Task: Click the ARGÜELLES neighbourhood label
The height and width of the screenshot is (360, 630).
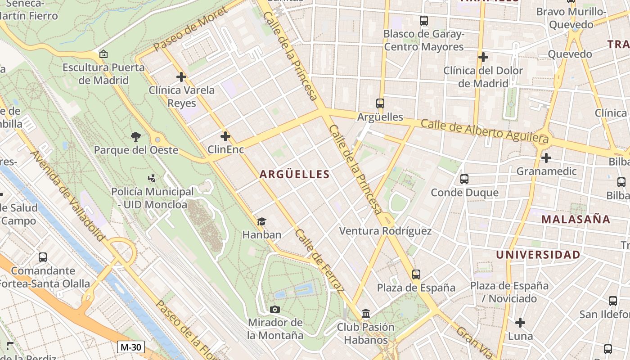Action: (x=294, y=175)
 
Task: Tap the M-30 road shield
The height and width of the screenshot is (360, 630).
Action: (x=131, y=347)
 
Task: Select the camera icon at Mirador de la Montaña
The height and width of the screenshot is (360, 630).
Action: (x=274, y=309)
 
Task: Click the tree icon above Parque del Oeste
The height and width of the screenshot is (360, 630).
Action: (x=135, y=136)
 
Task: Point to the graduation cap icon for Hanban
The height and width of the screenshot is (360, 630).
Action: (x=261, y=221)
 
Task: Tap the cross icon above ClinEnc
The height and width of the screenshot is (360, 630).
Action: (x=225, y=136)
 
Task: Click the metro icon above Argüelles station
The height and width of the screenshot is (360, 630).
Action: (x=380, y=103)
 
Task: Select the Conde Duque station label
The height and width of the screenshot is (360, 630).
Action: (x=464, y=193)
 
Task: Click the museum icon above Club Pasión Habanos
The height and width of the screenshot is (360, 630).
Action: (x=366, y=313)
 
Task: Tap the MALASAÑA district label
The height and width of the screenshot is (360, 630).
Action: (x=576, y=220)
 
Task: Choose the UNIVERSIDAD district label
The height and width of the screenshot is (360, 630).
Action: (x=538, y=255)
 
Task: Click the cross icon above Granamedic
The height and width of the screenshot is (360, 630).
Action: (x=546, y=158)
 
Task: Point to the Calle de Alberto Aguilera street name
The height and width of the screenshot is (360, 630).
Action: (x=485, y=132)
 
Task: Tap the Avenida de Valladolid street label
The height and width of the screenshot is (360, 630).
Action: (x=68, y=196)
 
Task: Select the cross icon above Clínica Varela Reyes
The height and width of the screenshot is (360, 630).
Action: (x=181, y=77)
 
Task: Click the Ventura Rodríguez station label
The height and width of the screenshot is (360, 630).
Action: (x=385, y=231)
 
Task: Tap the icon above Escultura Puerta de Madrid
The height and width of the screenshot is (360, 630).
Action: (x=103, y=54)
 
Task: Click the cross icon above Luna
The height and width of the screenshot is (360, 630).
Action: (x=520, y=323)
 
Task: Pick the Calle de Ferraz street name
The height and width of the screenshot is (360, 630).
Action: (x=319, y=260)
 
